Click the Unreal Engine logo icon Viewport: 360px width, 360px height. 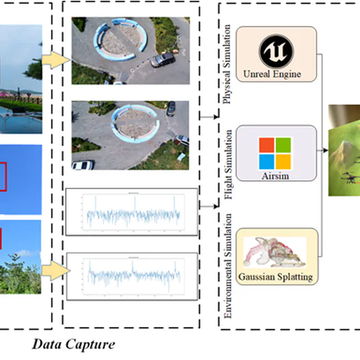(275, 52)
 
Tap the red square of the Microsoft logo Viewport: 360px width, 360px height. (267, 145)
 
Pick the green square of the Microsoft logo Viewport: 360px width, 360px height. (283, 145)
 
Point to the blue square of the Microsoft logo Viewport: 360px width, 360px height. (267, 161)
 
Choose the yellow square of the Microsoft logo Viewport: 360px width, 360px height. (283, 161)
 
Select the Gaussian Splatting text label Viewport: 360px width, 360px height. (275, 276)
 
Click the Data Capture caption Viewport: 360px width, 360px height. (74, 345)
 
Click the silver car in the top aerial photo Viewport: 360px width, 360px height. (163, 59)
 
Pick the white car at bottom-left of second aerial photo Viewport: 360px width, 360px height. (83, 165)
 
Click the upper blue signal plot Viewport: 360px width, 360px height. (132, 212)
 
